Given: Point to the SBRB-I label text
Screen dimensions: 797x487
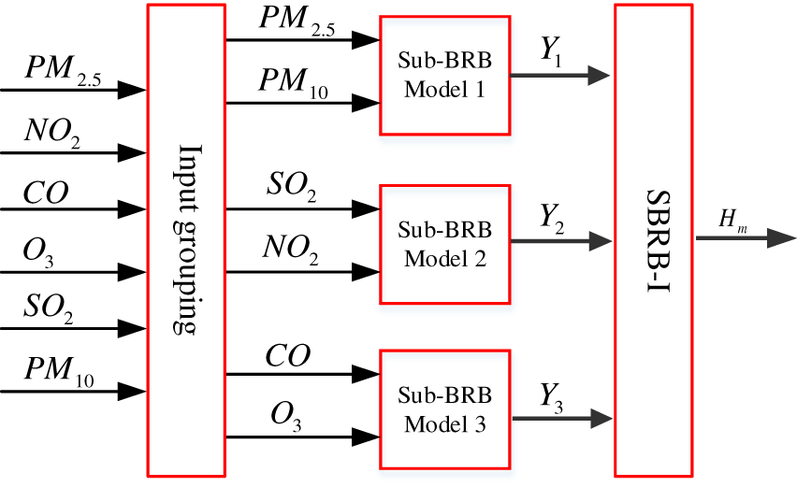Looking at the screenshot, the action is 658,241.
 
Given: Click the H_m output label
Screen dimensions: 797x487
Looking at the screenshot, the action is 733,220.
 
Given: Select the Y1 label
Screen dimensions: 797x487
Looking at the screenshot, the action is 551,51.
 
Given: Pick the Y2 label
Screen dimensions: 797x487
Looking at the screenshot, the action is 552,219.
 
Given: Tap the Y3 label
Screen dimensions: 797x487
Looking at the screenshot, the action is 552,397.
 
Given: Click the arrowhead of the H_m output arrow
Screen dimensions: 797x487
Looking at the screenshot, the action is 782,238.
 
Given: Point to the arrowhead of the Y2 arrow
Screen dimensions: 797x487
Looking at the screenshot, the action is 601,241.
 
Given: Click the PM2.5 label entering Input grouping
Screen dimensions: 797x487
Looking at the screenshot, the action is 63,70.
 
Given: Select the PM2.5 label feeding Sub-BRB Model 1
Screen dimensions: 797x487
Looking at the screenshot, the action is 297,21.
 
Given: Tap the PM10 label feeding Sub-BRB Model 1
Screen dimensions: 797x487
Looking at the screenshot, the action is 294,83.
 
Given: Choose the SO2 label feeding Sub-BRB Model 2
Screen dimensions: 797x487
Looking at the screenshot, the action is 291,186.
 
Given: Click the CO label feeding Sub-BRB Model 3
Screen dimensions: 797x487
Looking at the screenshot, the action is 288,355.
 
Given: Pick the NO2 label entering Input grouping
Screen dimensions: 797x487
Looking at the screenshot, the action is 52,133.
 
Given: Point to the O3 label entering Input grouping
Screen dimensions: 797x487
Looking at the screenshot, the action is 38,252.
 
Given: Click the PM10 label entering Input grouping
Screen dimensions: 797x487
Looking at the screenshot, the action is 60,372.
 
